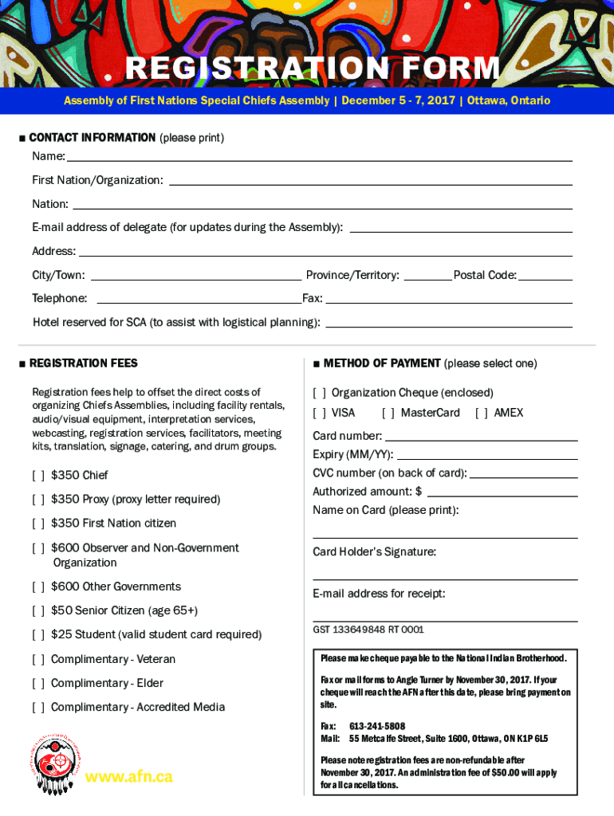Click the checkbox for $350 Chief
(x=38, y=476)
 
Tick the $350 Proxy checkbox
(x=38, y=500)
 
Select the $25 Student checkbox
(x=38, y=635)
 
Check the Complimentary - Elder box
(x=38, y=684)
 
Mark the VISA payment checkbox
(x=319, y=413)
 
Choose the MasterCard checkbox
(x=388, y=413)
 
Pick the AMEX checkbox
(x=482, y=413)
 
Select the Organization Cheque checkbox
(x=319, y=393)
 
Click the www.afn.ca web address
(x=128, y=777)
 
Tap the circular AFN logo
(x=54, y=763)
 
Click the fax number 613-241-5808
(x=377, y=727)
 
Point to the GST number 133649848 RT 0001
(x=368, y=630)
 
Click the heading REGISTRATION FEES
(x=83, y=363)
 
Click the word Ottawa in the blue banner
(x=486, y=101)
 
